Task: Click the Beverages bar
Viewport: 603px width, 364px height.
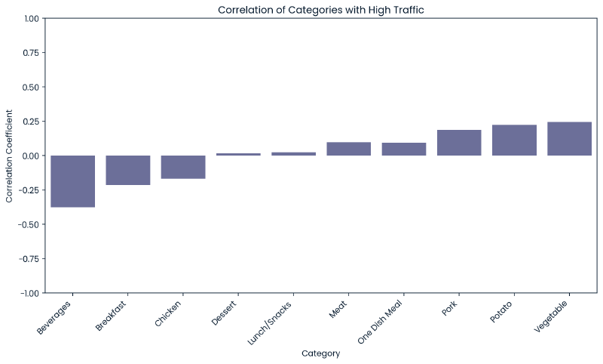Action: pyautogui.click(x=72, y=181)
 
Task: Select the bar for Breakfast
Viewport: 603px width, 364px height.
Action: pyautogui.click(x=127, y=170)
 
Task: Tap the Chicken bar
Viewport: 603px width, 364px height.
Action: pyautogui.click(x=183, y=167)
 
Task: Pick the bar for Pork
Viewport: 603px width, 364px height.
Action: pyautogui.click(x=459, y=143)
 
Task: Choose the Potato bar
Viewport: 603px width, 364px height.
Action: pyautogui.click(x=514, y=140)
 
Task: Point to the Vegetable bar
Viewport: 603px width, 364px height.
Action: pyautogui.click(x=569, y=139)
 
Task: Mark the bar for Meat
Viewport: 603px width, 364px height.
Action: pyautogui.click(x=348, y=149)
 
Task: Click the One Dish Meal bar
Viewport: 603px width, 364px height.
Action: pyautogui.click(x=404, y=149)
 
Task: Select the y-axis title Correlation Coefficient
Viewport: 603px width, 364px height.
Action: pyautogui.click(x=9, y=156)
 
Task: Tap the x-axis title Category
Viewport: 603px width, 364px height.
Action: pyautogui.click(x=320, y=353)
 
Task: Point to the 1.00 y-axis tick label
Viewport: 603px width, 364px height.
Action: pyautogui.click(x=29, y=18)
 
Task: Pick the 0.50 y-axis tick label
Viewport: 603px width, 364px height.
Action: pyautogui.click(x=29, y=87)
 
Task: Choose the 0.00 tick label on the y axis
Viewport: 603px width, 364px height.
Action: pyautogui.click(x=29, y=156)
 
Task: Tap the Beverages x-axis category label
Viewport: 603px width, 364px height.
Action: pyautogui.click(x=54, y=318)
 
